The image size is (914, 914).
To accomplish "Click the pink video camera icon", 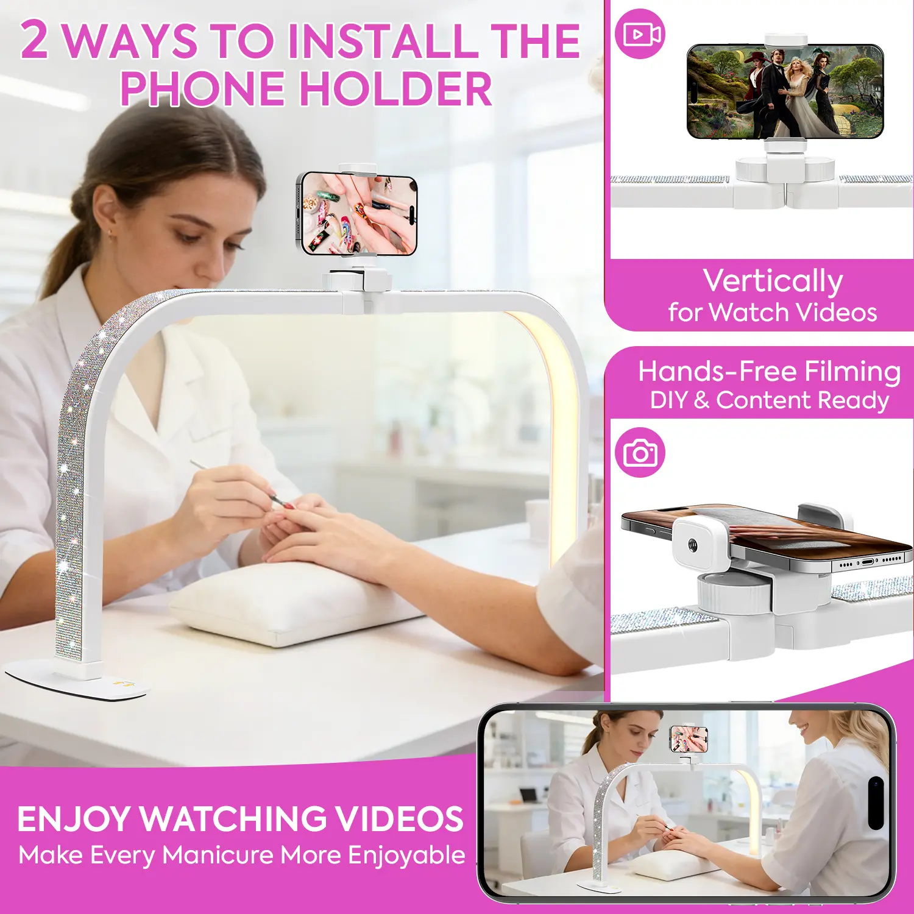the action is click(x=640, y=34).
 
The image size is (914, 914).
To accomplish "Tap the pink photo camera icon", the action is click(x=640, y=453).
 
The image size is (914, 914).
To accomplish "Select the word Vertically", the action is click(x=773, y=282).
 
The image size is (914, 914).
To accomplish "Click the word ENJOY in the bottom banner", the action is click(x=74, y=819).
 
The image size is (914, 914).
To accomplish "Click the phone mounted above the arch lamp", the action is click(x=357, y=214).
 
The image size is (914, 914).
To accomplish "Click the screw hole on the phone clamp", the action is click(x=693, y=544).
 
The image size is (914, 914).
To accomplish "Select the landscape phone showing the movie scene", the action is click(x=785, y=91).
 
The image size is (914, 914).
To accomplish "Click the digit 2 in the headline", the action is click(x=34, y=40).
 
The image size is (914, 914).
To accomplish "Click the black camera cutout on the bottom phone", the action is click(x=876, y=802).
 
